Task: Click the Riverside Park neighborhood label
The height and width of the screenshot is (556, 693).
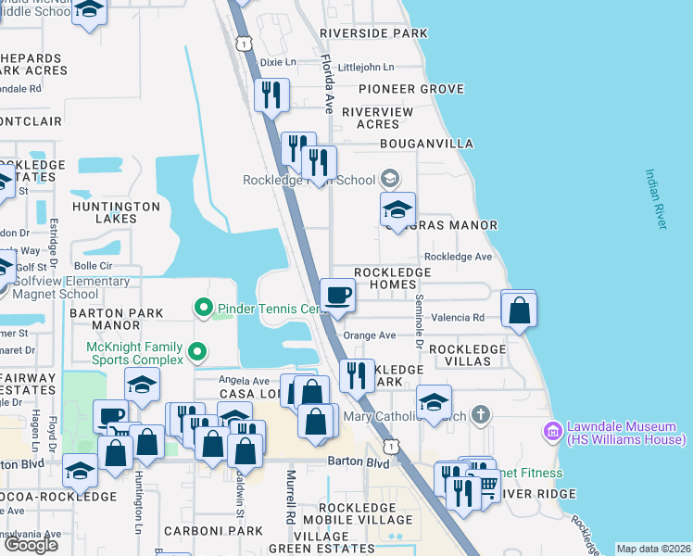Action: [x=373, y=33]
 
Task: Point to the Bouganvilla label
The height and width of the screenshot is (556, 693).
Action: [x=427, y=144]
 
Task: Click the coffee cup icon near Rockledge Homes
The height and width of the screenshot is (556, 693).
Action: [x=338, y=295]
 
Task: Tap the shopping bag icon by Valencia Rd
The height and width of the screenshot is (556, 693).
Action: [x=519, y=309]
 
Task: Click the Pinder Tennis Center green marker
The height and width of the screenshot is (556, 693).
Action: [x=201, y=307]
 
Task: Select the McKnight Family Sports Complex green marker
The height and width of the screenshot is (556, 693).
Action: [x=196, y=351]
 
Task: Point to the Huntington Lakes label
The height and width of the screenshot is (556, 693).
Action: [x=117, y=212]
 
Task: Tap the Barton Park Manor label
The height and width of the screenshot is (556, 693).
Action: [x=117, y=320]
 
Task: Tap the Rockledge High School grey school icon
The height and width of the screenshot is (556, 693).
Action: [x=391, y=179]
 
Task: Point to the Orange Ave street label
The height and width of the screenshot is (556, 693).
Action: [x=369, y=335]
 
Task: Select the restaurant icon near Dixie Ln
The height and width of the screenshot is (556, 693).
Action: [x=271, y=95]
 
